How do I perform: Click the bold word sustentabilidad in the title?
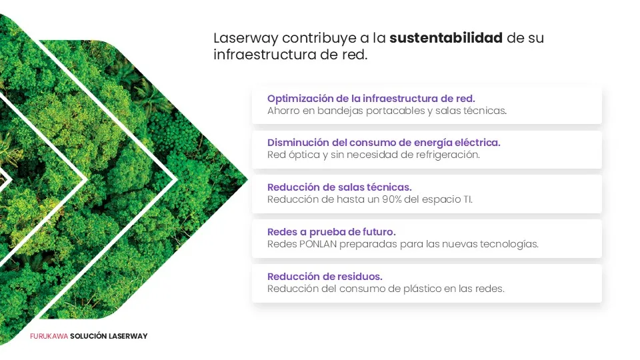[x=446, y=38]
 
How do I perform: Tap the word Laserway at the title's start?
[x=246, y=38]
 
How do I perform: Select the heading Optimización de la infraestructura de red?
[x=371, y=99]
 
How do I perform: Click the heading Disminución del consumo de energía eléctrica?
[x=384, y=143]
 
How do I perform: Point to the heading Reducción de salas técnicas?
[x=339, y=187]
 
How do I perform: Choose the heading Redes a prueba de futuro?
[x=331, y=232]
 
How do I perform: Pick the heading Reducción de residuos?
[x=325, y=276]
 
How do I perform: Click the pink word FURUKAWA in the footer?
[x=49, y=336]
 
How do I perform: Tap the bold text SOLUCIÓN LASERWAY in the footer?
[x=109, y=336]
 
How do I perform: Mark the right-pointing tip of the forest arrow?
[x=247, y=179]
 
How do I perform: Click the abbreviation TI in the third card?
[x=468, y=199]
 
